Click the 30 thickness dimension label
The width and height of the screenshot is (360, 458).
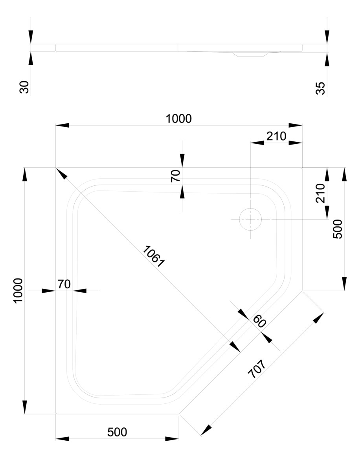pyautogui.click(x=24, y=86)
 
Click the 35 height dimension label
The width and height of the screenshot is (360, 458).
pyautogui.click(x=321, y=88)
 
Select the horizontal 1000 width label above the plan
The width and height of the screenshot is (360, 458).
pyautogui.click(x=178, y=118)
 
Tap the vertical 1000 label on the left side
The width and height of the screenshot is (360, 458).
pyautogui.click(x=18, y=290)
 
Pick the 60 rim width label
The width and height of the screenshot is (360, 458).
pyautogui.click(x=259, y=321)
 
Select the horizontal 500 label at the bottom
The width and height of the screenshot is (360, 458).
pyautogui.click(x=117, y=432)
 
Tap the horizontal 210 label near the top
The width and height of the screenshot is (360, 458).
pyautogui.click(x=276, y=136)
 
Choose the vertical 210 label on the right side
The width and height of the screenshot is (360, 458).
pyautogui.click(x=320, y=193)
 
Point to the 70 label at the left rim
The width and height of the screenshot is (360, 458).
pyautogui.click(x=64, y=284)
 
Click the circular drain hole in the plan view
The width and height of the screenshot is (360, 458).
pyautogui.click(x=250, y=219)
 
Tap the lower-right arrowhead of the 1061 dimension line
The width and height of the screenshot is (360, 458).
pyautogui.click(x=235, y=346)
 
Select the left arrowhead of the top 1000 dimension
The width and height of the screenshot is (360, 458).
pyautogui.click(x=62, y=125)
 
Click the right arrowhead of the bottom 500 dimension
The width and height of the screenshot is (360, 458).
pyautogui.click(x=172, y=438)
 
